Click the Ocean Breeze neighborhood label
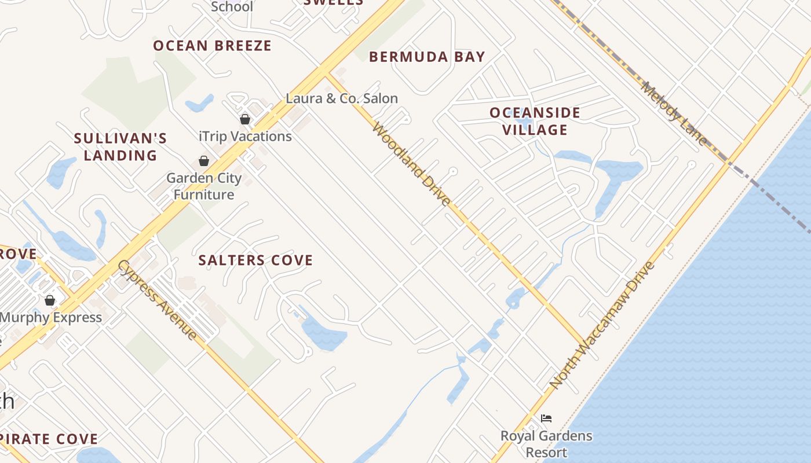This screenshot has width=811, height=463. click(x=212, y=46)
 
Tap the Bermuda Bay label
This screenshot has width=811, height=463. click(x=427, y=57)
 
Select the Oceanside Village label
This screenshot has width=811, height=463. click(x=535, y=121)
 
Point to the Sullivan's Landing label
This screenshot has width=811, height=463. click(x=120, y=147)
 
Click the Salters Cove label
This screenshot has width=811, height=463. click(x=255, y=260)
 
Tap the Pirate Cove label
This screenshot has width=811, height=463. click(x=49, y=439)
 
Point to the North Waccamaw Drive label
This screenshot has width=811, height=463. click(x=602, y=325)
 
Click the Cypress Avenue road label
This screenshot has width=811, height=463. click(x=157, y=299)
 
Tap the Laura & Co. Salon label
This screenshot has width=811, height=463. click(x=342, y=98)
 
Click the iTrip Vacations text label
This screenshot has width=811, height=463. click(x=245, y=137)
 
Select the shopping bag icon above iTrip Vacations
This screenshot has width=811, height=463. click(x=245, y=119)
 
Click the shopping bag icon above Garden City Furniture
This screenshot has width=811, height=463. click(x=204, y=160)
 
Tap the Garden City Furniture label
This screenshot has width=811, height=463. click(x=204, y=186)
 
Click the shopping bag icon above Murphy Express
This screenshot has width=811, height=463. click(x=50, y=300)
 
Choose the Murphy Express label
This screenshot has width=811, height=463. click(x=51, y=317)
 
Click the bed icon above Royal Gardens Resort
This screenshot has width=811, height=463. click(x=546, y=418)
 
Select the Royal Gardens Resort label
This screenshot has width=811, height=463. click(x=546, y=443)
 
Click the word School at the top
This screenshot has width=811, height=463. click(x=232, y=7)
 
